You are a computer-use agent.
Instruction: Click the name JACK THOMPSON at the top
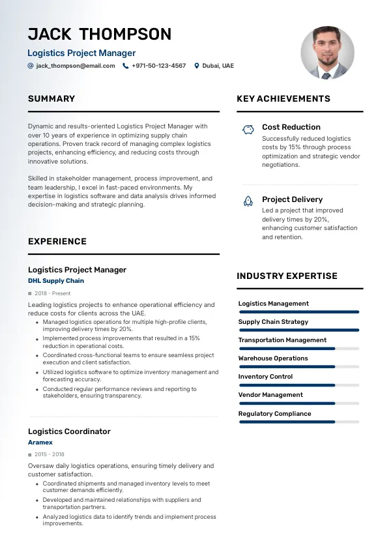coord(100,34)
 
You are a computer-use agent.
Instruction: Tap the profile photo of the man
coord(327,53)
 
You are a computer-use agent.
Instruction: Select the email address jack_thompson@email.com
coord(76,66)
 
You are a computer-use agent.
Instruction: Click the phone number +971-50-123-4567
coord(158,66)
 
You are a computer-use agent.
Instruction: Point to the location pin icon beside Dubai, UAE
coord(197,66)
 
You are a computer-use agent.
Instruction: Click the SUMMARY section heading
coord(51,99)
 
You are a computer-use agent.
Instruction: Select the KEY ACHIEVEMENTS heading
coord(283,99)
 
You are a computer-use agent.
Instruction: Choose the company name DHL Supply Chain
coord(56,281)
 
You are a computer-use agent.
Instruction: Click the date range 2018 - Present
coord(53,293)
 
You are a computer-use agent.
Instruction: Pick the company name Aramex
coord(40,443)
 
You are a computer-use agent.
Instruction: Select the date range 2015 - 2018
coord(50,454)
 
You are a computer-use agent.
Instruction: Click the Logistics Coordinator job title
coord(69,431)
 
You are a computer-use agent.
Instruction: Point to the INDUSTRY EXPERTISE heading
coord(287,276)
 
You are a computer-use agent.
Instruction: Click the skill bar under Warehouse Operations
coord(298,367)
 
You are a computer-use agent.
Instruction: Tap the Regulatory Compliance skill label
coord(274,414)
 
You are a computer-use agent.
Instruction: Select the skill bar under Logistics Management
coord(298,312)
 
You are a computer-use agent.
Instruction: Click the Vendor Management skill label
coord(270,395)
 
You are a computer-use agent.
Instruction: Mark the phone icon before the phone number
coord(126,66)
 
